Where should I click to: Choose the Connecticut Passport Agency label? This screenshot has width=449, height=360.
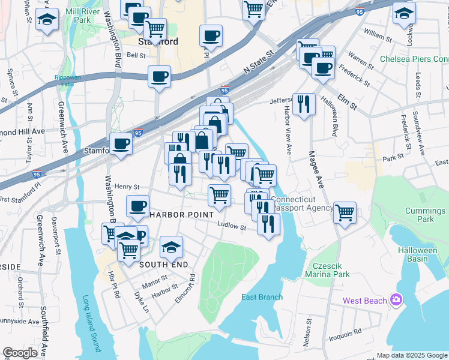click(x=302, y=203)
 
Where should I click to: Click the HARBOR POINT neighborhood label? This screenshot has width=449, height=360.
click(x=181, y=214)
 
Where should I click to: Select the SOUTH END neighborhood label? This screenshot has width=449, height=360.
click(x=164, y=264)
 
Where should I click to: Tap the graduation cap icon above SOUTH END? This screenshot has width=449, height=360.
click(x=171, y=246)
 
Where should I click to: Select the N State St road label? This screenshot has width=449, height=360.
click(x=259, y=62)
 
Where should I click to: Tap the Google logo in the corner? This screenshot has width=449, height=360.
click(x=20, y=352)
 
